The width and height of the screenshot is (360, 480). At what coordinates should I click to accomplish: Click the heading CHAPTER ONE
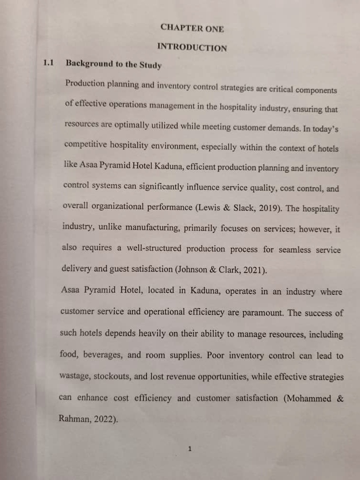(x=192, y=28)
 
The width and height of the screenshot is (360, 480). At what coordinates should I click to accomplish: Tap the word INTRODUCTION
(x=192, y=48)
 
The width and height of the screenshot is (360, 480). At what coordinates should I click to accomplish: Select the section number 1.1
(x=48, y=63)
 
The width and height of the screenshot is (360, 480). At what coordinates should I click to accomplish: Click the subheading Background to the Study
(x=114, y=64)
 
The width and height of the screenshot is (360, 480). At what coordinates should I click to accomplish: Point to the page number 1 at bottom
(x=190, y=449)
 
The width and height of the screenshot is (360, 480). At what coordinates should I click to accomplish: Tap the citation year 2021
(x=252, y=270)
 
